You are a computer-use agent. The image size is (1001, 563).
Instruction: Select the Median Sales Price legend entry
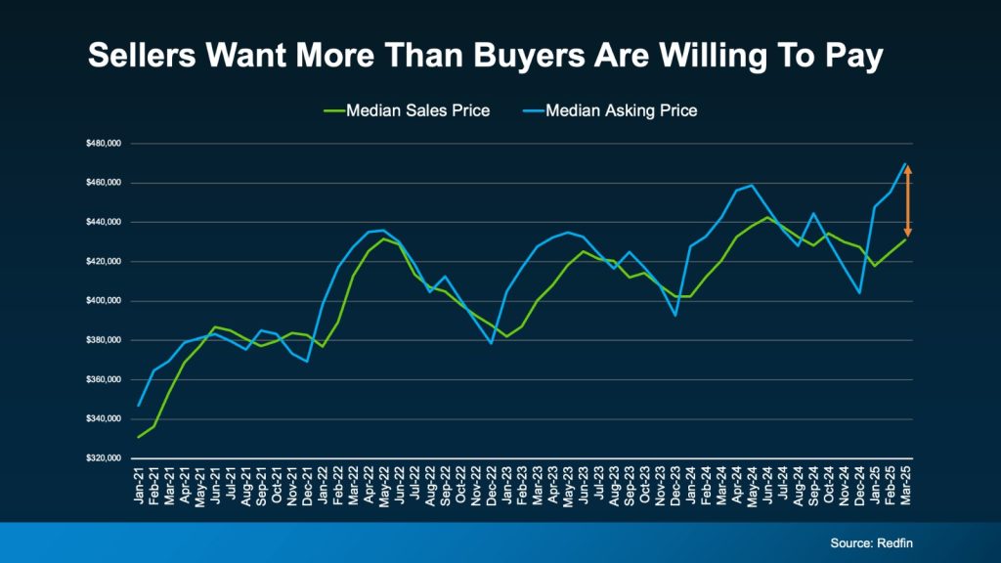point(407,110)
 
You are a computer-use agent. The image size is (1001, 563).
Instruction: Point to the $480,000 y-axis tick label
point(103,144)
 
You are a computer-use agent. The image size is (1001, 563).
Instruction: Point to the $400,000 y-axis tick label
point(103,301)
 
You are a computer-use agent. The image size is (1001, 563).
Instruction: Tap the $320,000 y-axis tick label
point(103,457)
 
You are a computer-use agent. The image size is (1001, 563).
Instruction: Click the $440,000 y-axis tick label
point(103,222)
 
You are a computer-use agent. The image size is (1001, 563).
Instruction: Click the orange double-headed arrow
point(907,200)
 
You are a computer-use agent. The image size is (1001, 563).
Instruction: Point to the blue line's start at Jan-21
point(139,405)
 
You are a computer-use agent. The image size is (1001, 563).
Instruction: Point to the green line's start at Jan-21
point(139,436)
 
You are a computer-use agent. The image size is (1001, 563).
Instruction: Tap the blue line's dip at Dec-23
point(675,315)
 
